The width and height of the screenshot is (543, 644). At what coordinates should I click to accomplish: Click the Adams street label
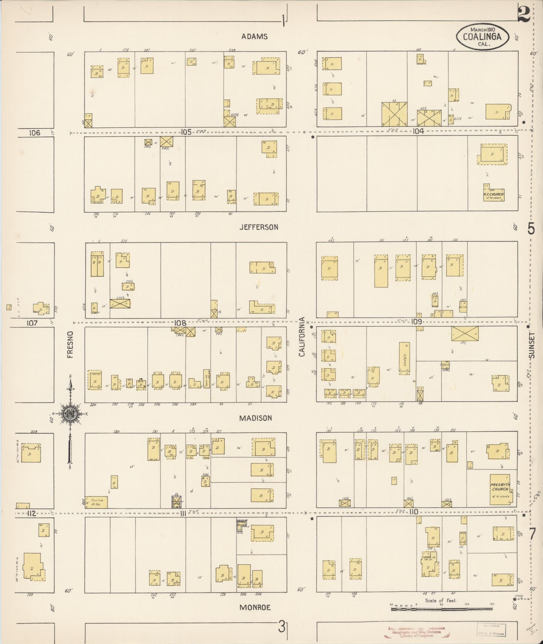pos(254,37)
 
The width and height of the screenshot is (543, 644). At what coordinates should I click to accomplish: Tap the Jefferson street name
pos(259,227)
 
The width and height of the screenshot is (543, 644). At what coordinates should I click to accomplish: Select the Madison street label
pos(256,418)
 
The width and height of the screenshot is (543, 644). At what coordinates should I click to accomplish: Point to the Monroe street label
pos(255,608)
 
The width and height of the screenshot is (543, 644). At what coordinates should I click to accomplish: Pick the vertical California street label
pos(302,337)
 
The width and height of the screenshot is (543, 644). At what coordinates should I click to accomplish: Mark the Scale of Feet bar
pos(441,609)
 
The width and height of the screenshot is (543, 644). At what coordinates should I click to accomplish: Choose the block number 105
pos(186,132)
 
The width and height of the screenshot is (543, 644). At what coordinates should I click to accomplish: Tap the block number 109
pos(416,322)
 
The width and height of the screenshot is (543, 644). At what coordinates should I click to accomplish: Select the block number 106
pos(34,133)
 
